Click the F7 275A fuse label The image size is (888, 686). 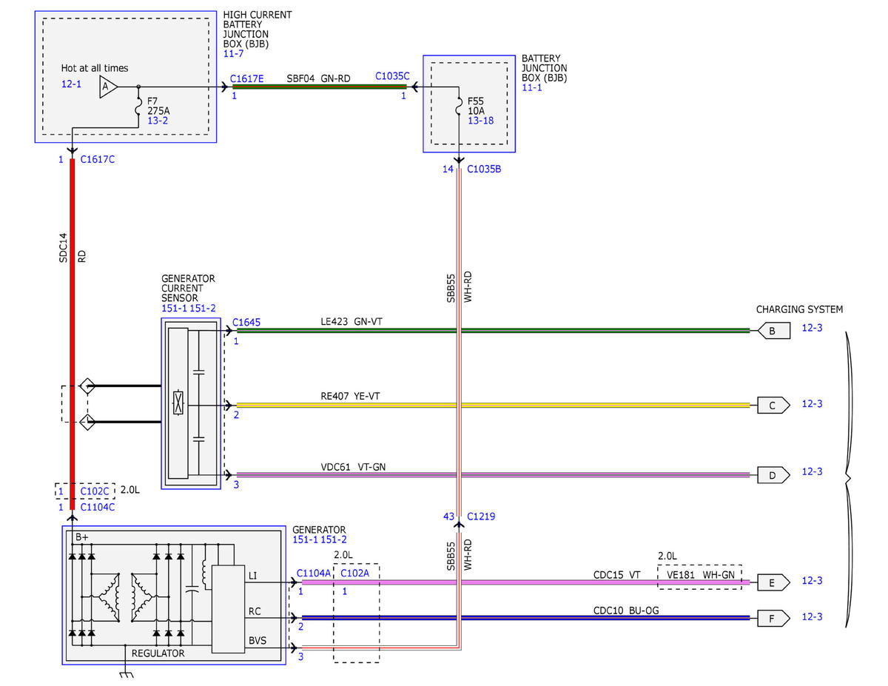(x=158, y=105)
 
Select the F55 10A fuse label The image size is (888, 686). (x=476, y=105)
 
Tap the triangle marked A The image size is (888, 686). (x=108, y=87)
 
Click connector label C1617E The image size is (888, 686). (x=246, y=78)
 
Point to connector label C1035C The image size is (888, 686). (x=392, y=76)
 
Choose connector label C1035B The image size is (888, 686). (x=484, y=169)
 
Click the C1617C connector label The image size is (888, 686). (x=97, y=159)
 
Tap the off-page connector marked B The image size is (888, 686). (x=773, y=331)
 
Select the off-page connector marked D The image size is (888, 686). (x=773, y=475)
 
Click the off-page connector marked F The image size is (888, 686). (x=773, y=618)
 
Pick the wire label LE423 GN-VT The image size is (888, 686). (x=351, y=321)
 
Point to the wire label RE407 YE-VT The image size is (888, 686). (x=350, y=395)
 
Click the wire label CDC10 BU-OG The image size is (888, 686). (x=625, y=610)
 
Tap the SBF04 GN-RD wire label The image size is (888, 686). (x=318, y=78)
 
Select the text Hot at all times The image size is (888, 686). (x=95, y=68)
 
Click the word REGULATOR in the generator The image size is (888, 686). (x=158, y=653)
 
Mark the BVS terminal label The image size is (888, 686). (x=257, y=640)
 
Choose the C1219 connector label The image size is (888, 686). (x=480, y=516)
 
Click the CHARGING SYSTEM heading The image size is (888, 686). (x=799, y=309)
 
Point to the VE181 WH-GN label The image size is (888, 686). (x=700, y=574)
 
